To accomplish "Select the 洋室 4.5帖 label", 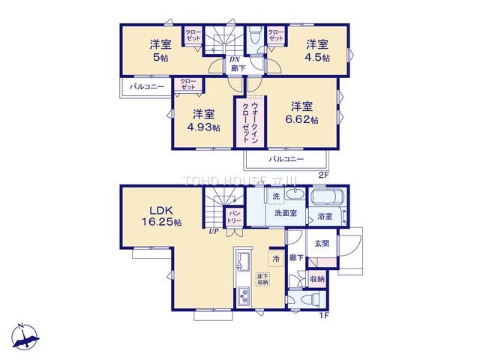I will [316, 50].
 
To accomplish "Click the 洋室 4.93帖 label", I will [203, 120].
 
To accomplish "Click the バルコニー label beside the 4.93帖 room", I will [147, 88].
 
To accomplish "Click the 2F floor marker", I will [323, 175].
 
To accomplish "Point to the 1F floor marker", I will [323, 316].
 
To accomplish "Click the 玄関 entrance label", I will [322, 244].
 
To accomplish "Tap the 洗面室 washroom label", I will [283, 212].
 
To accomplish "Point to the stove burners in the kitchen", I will [244, 298].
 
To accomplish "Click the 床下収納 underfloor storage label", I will [262, 279].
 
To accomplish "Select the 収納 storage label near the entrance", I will [318, 279].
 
